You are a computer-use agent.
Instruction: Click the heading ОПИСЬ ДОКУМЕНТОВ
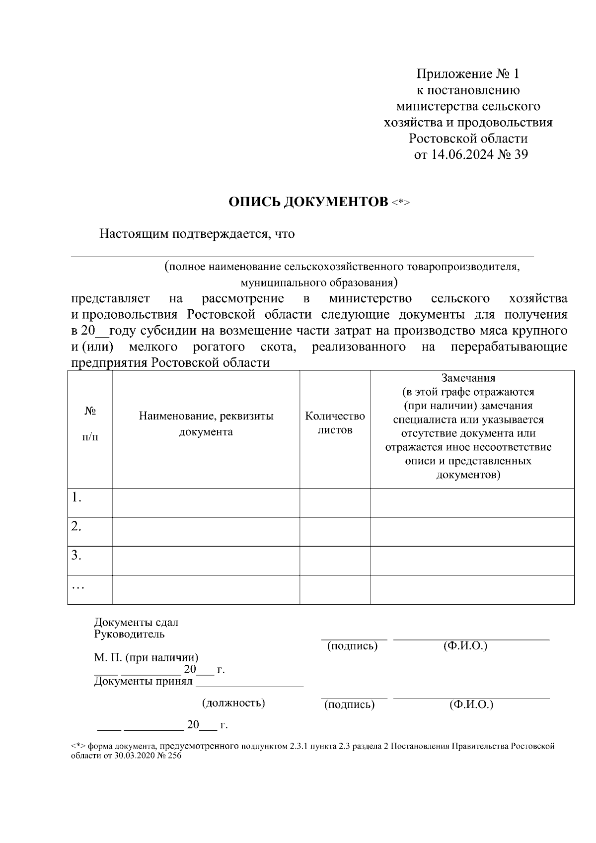click(x=308, y=202)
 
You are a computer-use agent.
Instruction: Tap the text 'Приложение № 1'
click(x=467, y=74)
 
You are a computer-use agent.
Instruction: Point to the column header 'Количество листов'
click(x=335, y=423)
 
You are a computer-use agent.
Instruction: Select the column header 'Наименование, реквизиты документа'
click(x=206, y=423)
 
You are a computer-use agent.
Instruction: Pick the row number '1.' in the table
click(x=76, y=497)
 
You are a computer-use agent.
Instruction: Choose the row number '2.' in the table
click(x=76, y=526)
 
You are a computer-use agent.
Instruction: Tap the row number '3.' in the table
click(x=76, y=556)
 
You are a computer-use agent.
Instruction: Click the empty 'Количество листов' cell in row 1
click(x=335, y=502)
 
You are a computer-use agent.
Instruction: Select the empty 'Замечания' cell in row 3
click(x=472, y=561)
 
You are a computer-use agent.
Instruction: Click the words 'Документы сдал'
click(x=136, y=623)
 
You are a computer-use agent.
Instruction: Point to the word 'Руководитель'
click(x=129, y=634)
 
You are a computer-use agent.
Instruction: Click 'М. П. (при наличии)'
click(x=146, y=658)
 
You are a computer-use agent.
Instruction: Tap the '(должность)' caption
click(x=233, y=703)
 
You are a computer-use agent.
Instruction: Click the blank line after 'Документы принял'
click(x=249, y=682)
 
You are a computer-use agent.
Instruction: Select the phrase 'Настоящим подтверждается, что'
click(x=197, y=234)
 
